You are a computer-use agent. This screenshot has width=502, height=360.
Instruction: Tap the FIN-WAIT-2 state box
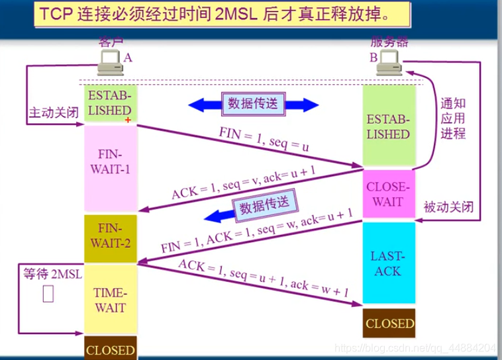pyautogui.click(x=109, y=234)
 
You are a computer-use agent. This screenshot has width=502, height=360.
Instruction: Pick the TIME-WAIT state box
pyautogui.click(x=109, y=298)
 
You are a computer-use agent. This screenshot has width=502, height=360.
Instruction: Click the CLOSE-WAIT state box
pyautogui.click(x=388, y=195)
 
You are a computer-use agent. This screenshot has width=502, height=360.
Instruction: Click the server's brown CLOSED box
pyautogui.click(x=389, y=324)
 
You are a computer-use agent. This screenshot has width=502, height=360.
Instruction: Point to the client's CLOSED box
pyautogui.click(x=110, y=349)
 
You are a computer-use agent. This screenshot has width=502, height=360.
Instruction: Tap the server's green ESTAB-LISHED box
pyautogui.click(x=388, y=127)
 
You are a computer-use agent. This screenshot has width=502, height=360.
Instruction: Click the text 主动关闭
pyautogui.click(x=53, y=113)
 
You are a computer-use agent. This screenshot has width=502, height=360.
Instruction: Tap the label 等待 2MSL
pyautogui.click(x=50, y=273)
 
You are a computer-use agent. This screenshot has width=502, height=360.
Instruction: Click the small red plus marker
pyautogui.click(x=128, y=120)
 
